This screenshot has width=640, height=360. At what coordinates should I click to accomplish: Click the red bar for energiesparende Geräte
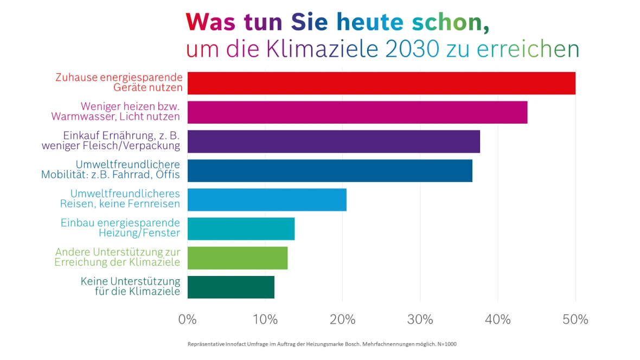point(381,83)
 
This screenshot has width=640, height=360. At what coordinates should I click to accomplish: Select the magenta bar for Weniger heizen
point(357,112)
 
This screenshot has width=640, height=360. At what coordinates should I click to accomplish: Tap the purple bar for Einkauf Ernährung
point(334,142)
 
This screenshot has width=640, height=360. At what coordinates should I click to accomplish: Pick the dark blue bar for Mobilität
point(330,171)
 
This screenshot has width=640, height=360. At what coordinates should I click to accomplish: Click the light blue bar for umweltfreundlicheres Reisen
point(267,200)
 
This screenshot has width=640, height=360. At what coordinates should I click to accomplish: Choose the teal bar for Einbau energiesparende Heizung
point(241,229)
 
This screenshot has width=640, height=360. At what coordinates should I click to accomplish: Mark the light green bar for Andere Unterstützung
point(238,258)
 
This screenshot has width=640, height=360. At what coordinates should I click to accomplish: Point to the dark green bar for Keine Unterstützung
point(231,287)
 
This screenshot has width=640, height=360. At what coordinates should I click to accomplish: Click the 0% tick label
point(188,319)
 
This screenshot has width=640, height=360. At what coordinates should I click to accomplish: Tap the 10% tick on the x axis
point(265,319)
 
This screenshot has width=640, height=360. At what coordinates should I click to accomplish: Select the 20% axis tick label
point(343,319)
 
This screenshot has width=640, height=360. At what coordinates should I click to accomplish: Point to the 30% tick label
point(420,319)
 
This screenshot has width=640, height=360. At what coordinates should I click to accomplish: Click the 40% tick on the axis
point(498,319)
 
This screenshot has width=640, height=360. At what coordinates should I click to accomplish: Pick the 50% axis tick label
point(575,319)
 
